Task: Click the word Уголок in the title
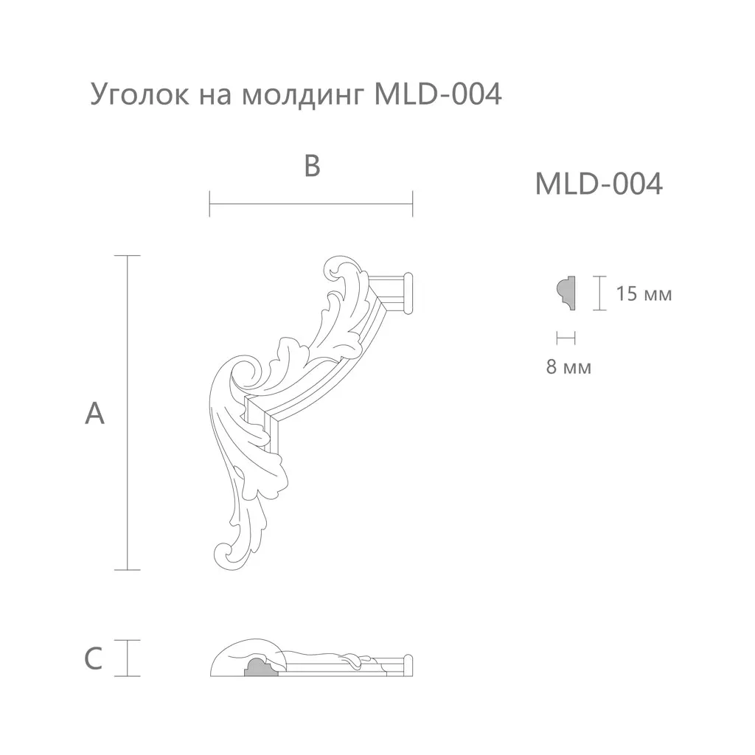(x=139, y=94)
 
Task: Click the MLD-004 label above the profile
(x=599, y=184)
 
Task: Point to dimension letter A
(x=94, y=413)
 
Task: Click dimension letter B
(x=312, y=166)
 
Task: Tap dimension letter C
(x=94, y=658)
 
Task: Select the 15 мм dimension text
(x=644, y=293)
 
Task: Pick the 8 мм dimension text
(x=568, y=367)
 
